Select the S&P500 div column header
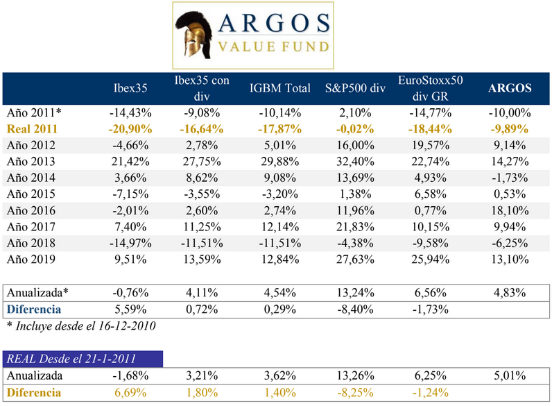pyautogui.click(x=355, y=88)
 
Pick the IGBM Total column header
pyautogui.click(x=280, y=88)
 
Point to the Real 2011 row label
pyautogui.click(x=32, y=128)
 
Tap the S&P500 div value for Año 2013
pyautogui.click(x=355, y=162)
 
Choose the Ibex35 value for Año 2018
pyautogui.click(x=130, y=244)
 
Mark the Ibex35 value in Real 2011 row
pyautogui.click(x=130, y=128)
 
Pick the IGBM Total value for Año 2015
pyautogui.click(x=280, y=194)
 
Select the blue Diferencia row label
pyautogui.click(x=34, y=308)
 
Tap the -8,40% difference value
pyautogui.click(x=355, y=308)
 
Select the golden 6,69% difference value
pyautogui.click(x=130, y=393)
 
